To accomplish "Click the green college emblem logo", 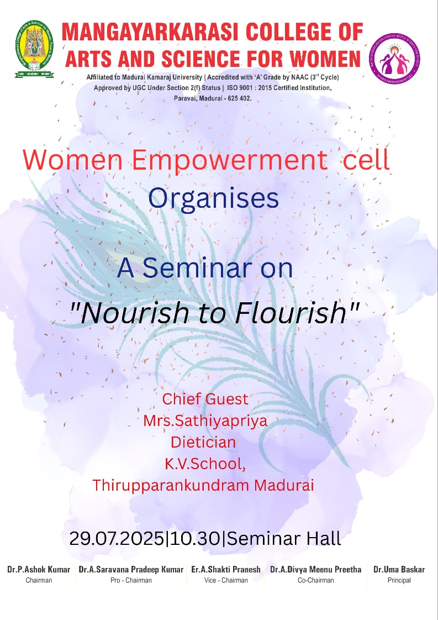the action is (34, 49).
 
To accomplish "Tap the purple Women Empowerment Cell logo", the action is (394, 58).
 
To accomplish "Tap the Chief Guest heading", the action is (205, 399).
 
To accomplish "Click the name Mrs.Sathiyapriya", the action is (205, 421).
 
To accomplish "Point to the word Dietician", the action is (203, 442).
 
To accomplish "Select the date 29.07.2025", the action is (116, 539).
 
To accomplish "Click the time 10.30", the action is (193, 539).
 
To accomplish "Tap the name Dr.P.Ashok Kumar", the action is (39, 569).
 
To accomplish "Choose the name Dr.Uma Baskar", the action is (399, 569).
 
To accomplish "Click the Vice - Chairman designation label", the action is (226, 580).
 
